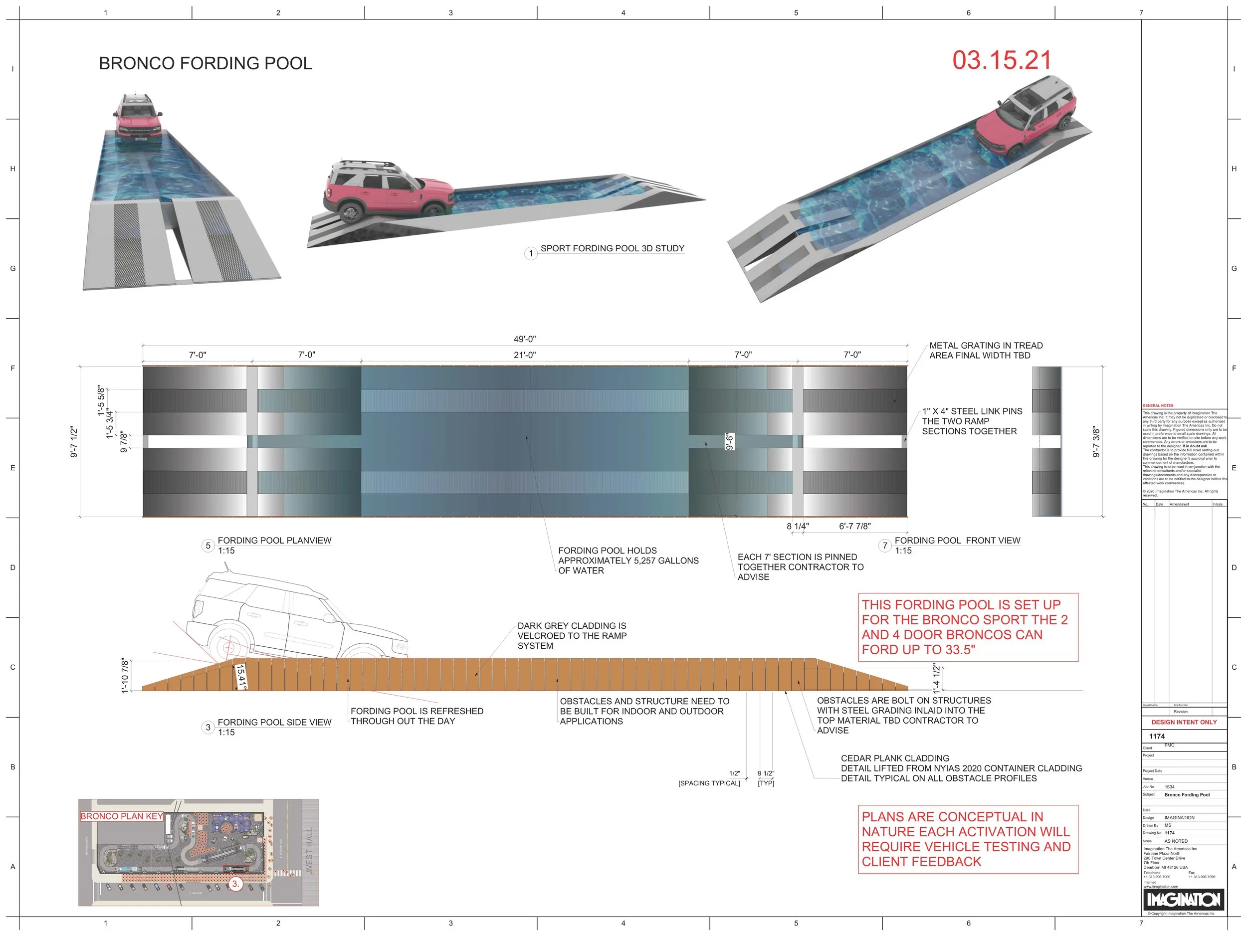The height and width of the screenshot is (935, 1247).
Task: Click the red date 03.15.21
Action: click(1002, 61)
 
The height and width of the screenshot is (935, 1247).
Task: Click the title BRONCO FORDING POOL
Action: click(205, 63)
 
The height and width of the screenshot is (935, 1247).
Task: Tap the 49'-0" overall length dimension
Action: click(524, 339)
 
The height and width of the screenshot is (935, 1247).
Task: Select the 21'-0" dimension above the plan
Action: click(524, 355)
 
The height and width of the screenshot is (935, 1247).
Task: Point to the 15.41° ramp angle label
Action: click(241, 677)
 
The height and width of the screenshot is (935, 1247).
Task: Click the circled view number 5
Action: click(208, 546)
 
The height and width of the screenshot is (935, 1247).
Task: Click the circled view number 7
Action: click(885, 546)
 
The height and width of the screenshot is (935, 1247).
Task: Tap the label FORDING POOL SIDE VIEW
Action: click(274, 723)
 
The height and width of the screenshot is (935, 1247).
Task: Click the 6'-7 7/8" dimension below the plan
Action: click(854, 527)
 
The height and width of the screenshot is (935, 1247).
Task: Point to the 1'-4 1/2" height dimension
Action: click(936, 679)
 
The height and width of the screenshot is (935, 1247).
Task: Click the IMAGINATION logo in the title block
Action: click(1184, 900)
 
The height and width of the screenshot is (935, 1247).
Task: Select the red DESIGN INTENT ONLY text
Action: click(1184, 722)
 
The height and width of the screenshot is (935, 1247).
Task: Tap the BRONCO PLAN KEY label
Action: click(122, 816)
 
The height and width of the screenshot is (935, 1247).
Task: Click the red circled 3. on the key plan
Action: click(235, 884)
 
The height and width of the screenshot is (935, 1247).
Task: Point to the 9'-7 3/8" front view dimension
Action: click(1096, 442)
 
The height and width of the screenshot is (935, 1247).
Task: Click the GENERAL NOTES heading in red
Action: click(1158, 406)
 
